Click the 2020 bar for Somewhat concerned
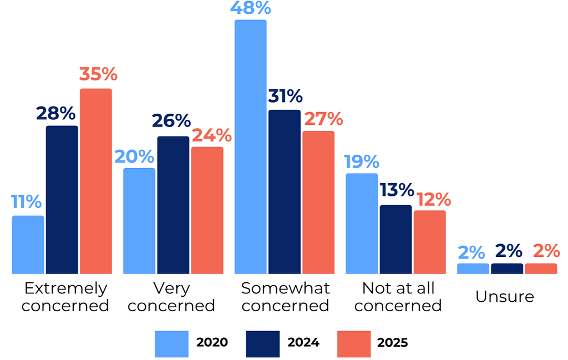250,147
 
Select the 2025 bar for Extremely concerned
96,181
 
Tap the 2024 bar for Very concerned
173,205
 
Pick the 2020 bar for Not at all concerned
362,224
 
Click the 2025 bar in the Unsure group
541,268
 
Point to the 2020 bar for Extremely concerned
28,245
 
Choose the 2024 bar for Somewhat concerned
285,192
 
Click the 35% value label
98,74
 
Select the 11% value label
26,201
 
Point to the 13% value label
397,190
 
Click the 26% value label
171,121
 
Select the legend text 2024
303,342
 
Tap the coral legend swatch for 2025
353,342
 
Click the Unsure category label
505,296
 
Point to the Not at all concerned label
398,297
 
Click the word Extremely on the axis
65,288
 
